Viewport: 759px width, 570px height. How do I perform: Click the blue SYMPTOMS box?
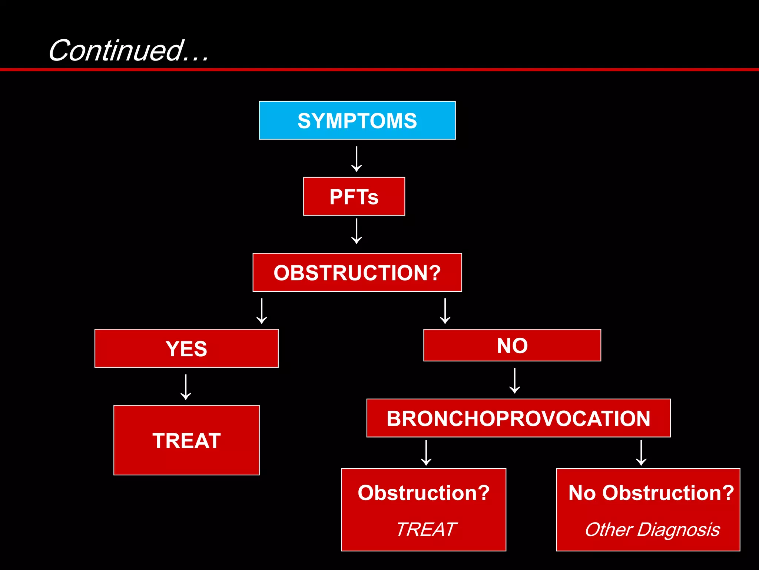click(x=357, y=121)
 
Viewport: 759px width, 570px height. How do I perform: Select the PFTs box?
click(x=354, y=196)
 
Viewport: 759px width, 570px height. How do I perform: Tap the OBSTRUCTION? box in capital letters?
click(x=357, y=272)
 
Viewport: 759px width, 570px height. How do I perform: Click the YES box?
click(x=186, y=348)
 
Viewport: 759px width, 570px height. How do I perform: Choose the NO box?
click(x=512, y=345)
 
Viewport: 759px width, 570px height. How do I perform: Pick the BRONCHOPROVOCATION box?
click(x=518, y=418)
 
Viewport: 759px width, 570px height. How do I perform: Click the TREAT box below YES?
click(x=186, y=440)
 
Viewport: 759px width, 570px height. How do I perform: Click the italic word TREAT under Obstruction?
click(x=426, y=529)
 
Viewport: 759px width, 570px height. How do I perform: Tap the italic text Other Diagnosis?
click(x=652, y=529)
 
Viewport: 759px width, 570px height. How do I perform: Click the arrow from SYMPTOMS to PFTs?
click(x=357, y=159)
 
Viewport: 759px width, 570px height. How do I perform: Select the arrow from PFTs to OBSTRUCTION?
click(x=357, y=231)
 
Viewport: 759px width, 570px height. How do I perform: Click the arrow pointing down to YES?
click(x=262, y=311)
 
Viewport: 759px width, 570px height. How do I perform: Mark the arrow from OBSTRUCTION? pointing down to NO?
click(x=445, y=311)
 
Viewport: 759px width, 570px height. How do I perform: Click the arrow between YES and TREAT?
click(x=186, y=387)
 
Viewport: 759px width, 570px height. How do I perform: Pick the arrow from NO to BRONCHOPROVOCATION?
click(x=514, y=380)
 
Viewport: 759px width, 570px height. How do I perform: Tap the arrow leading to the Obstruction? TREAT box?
click(x=426, y=453)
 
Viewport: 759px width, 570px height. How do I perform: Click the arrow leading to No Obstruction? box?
click(x=641, y=453)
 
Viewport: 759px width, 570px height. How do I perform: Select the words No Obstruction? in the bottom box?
click(x=651, y=493)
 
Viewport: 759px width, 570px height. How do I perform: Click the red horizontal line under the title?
click(x=379, y=69)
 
